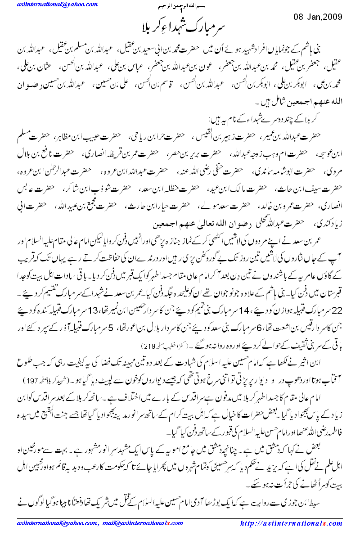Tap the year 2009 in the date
point(332,17)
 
